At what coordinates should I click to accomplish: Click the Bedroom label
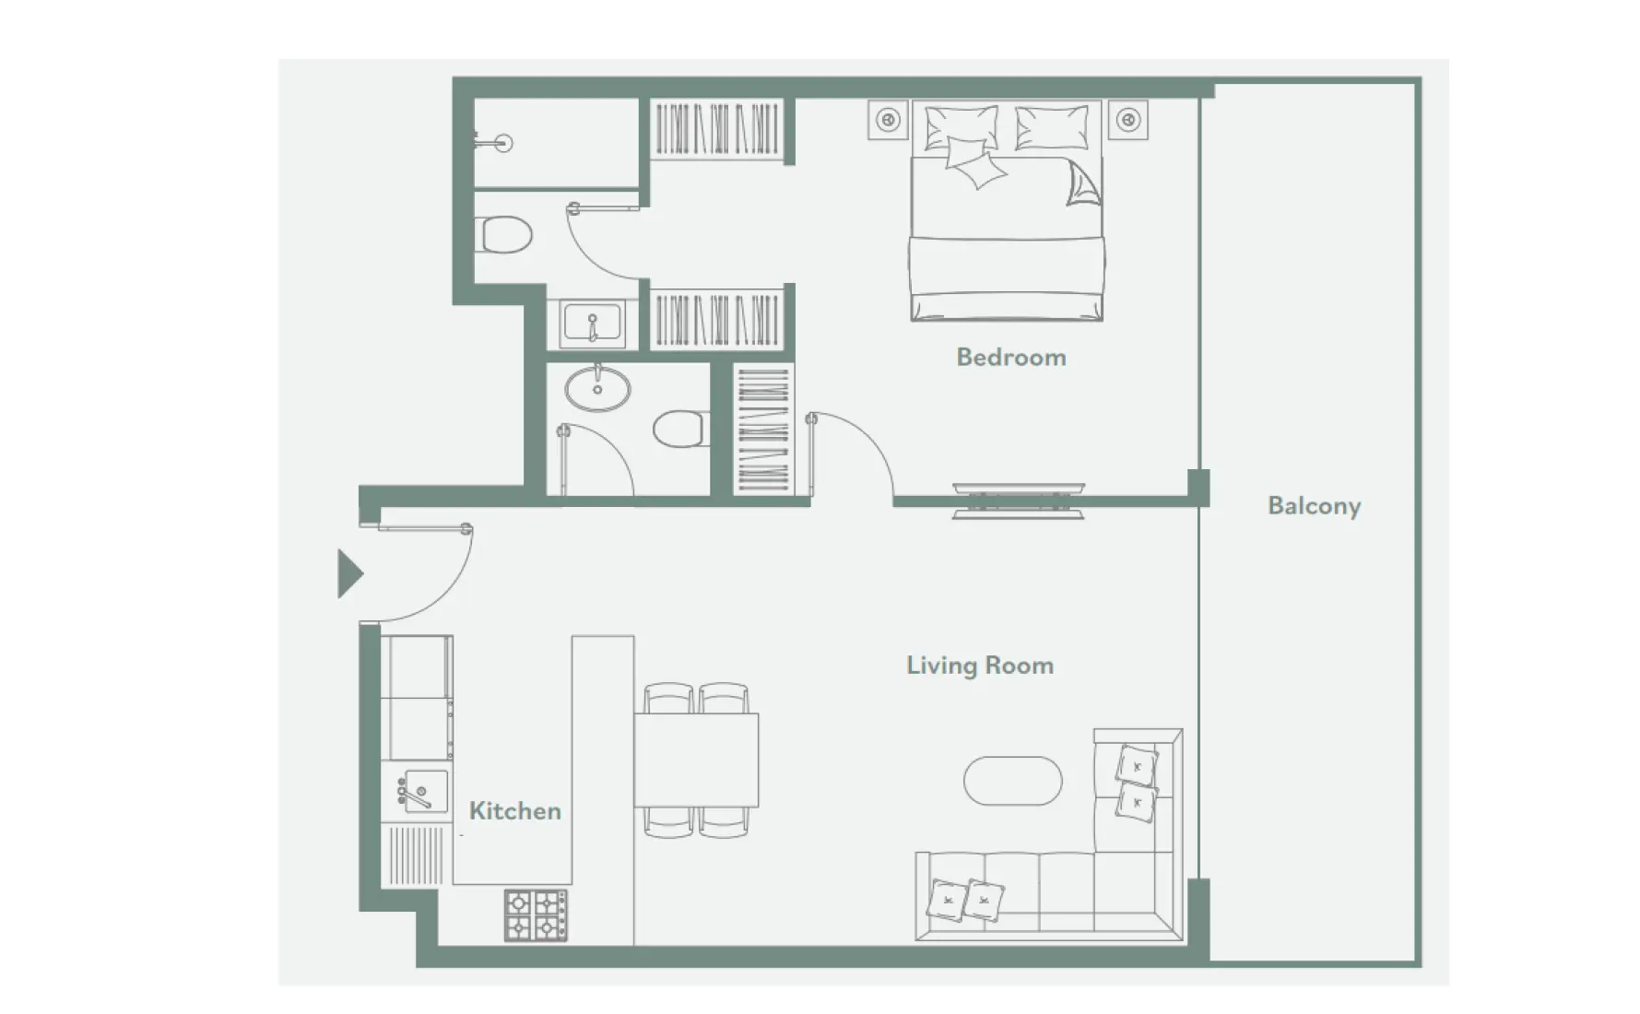point(1010,358)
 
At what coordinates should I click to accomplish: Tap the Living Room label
point(979,666)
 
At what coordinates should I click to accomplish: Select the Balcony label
point(1314,506)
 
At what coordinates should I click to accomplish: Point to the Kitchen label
point(514,811)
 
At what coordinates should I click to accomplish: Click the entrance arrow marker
point(349,574)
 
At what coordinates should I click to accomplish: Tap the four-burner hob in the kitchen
point(536,914)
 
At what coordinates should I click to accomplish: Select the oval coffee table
point(1012,782)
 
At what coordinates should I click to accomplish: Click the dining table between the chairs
point(697,760)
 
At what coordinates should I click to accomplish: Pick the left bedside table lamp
point(888,120)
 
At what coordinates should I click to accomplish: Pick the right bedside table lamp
point(1128,120)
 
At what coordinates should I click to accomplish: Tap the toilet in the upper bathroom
point(506,235)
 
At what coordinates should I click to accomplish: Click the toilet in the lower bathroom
point(678,429)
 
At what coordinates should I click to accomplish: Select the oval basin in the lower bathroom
point(597,388)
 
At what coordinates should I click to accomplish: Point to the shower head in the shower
point(503,143)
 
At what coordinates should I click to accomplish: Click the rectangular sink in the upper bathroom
point(592,324)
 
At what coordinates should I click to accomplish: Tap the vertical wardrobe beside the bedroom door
point(762,430)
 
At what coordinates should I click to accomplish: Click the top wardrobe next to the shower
point(715,128)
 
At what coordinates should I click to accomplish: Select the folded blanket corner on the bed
point(1082,184)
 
